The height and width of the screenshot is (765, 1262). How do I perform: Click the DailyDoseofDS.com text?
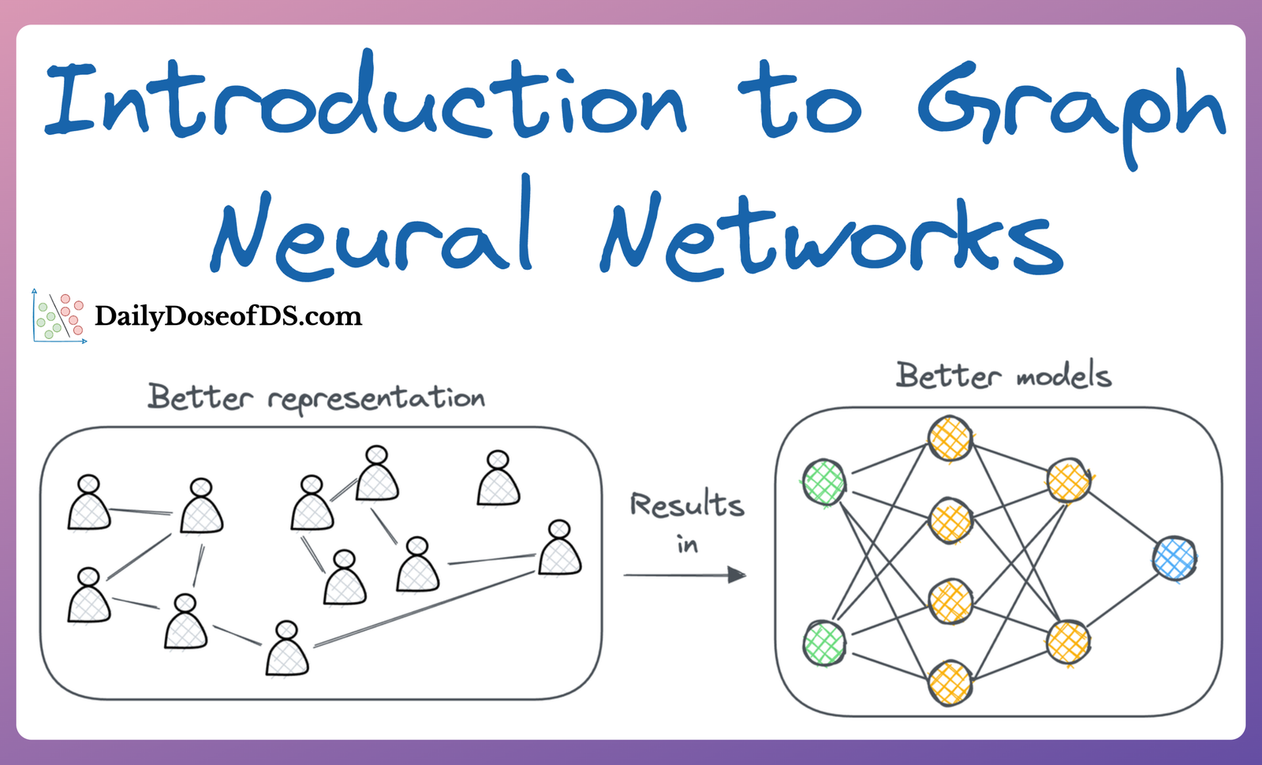point(228,316)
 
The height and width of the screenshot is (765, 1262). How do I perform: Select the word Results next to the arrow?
point(686,505)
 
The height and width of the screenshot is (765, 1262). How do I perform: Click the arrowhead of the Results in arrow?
point(737,575)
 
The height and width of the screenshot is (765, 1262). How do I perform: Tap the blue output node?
point(1174,558)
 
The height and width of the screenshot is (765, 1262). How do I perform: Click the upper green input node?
point(824,482)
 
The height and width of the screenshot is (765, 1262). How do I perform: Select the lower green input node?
point(824,643)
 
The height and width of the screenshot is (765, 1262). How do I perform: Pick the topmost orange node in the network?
point(950,438)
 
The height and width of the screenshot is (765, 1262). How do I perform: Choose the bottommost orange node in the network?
point(950,682)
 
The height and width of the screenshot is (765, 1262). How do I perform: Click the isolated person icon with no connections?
point(498,481)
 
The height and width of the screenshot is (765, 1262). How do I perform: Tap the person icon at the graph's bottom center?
point(287,651)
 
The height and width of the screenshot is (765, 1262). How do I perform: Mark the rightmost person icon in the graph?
point(560,550)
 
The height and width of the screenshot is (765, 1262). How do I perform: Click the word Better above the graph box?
point(200,397)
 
